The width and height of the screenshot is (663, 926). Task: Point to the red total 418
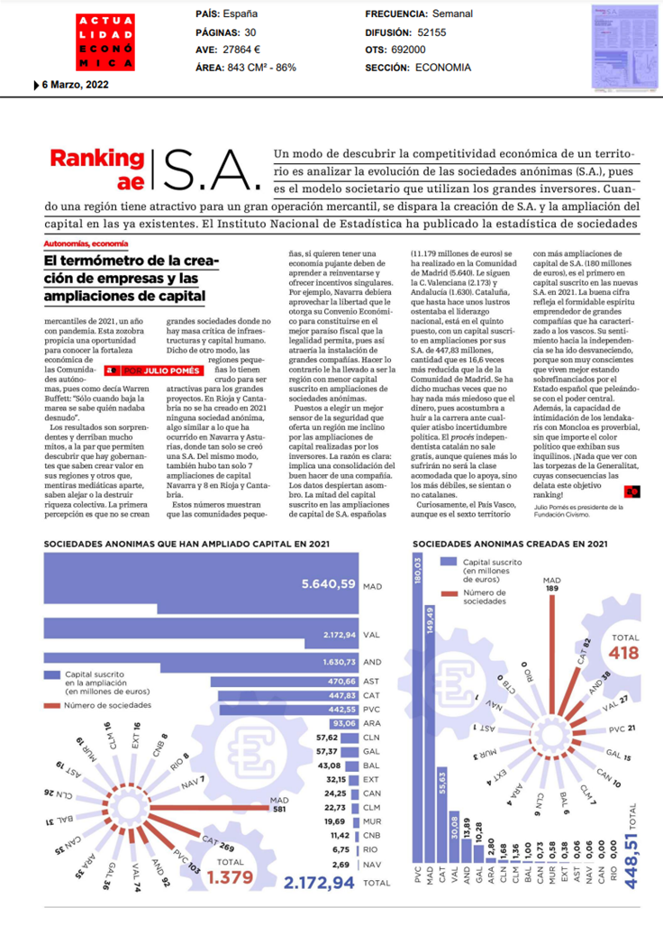tap(625, 652)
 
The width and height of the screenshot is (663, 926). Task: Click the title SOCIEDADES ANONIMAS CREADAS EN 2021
tap(509, 544)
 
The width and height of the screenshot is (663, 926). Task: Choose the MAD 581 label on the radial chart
tap(278, 804)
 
